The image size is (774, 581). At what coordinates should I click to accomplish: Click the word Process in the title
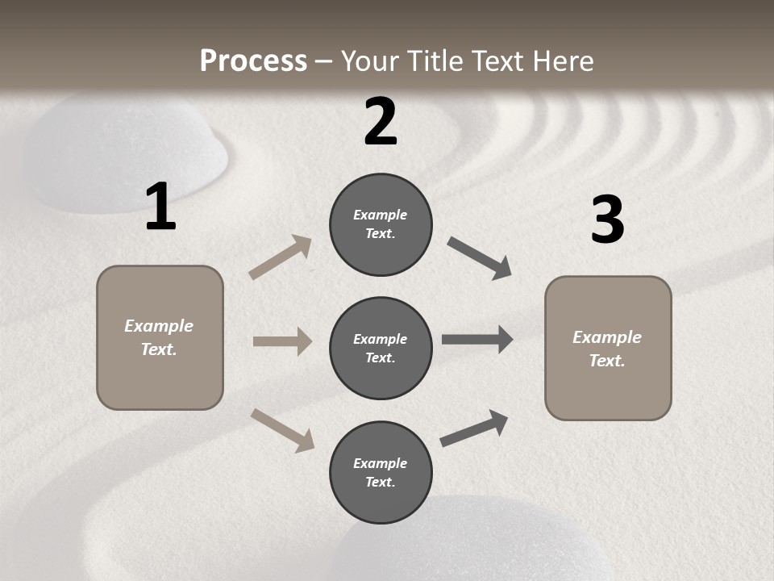pos(253,61)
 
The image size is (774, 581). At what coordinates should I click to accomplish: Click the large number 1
pos(160,208)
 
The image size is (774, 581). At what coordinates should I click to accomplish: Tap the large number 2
pos(381,122)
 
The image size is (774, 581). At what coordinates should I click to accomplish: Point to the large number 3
pos(607,220)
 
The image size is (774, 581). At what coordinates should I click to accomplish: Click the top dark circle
pos(381,224)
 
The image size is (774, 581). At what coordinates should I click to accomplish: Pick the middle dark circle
pos(381,349)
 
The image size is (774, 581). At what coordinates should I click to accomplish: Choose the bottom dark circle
pos(381,473)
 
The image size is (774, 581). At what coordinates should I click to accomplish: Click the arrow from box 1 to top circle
pos(280,257)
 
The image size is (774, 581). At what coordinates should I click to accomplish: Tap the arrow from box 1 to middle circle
pos(282,341)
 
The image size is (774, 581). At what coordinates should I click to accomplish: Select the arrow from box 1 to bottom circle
pos(282,429)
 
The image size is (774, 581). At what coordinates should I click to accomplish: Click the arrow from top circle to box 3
pos(480,258)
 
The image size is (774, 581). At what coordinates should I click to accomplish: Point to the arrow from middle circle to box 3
pos(477,340)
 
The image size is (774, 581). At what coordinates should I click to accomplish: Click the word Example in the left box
pos(159,326)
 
